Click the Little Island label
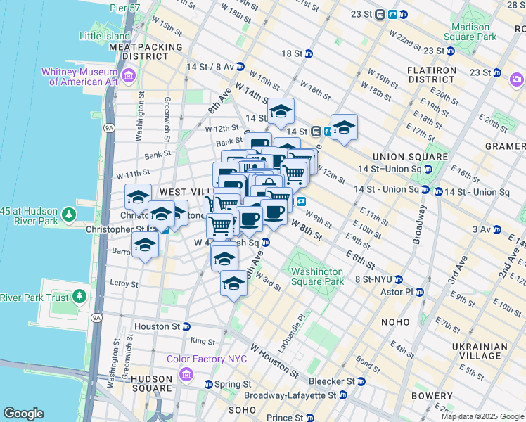click(105, 36)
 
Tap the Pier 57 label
click(127, 8)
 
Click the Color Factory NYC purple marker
click(186, 372)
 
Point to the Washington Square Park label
click(317, 276)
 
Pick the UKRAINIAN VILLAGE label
click(480, 352)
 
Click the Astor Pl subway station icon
click(420, 292)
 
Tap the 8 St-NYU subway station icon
click(398, 279)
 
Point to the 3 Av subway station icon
click(496, 229)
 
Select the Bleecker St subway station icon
click(361, 382)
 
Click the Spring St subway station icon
click(208, 385)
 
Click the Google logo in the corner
click(24, 414)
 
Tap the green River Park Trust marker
click(78, 298)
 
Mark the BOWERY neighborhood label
click(432, 396)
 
